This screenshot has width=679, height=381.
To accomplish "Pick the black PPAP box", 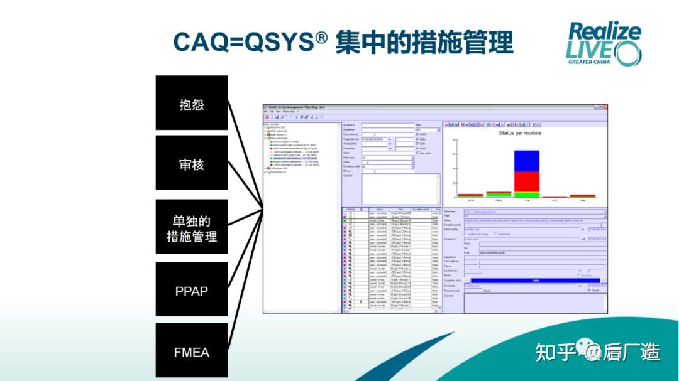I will [x=192, y=290].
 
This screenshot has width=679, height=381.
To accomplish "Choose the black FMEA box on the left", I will [x=192, y=351].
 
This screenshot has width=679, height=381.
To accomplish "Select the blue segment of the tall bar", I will [x=526, y=161].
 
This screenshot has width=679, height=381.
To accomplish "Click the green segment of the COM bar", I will [x=526, y=195].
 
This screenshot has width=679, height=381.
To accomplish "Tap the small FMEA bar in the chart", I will [x=499, y=195].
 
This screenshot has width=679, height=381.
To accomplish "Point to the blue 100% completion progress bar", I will [x=535, y=281].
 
